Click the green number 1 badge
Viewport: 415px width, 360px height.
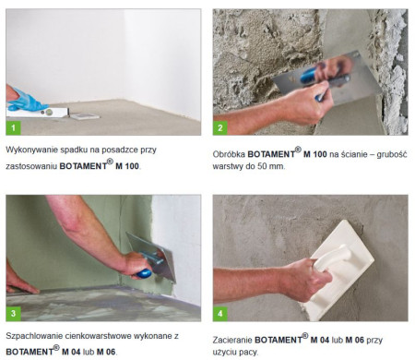(13, 127)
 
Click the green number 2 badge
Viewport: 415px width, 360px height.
(220, 127)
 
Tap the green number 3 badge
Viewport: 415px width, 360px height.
(13, 314)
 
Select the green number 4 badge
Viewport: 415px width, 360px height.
(220, 314)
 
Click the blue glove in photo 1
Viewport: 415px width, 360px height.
(26, 101)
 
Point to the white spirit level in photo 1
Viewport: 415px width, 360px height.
(37, 113)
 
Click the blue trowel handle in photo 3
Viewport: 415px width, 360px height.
(144, 273)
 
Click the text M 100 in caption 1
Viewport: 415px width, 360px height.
(127, 166)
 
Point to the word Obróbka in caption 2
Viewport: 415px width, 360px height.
(229, 154)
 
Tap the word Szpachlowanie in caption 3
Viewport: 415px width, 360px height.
(35, 336)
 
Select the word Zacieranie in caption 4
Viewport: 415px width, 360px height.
(232, 340)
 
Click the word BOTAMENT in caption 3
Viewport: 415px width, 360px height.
(30, 352)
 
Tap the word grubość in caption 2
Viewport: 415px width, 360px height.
(392, 154)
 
